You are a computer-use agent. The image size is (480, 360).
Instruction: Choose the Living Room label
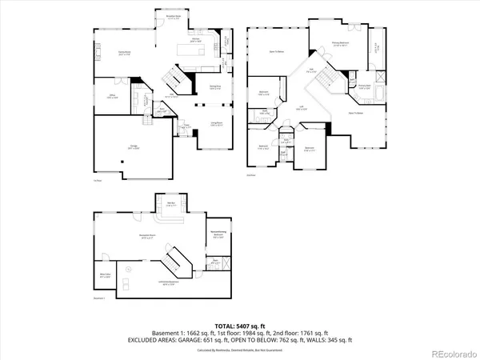(x=216, y=123)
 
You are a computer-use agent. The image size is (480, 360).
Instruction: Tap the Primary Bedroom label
(x=340, y=44)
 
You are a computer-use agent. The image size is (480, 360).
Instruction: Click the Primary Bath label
(x=364, y=86)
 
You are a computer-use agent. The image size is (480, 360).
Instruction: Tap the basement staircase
(x=175, y=262)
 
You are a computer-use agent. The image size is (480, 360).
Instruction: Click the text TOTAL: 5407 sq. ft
(x=240, y=326)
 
